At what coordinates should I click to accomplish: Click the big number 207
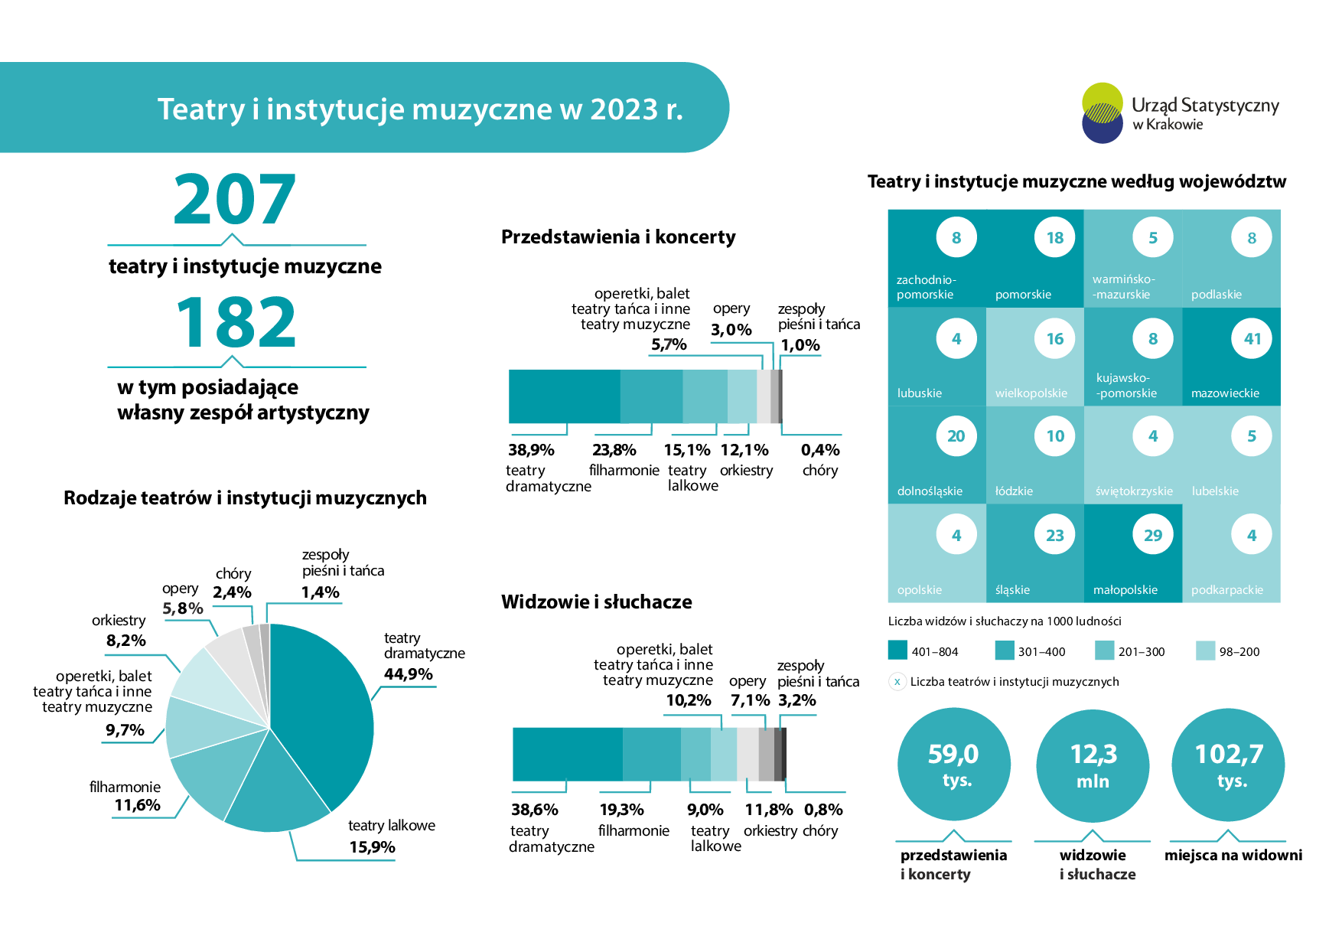234,199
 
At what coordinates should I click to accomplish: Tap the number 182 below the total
236,322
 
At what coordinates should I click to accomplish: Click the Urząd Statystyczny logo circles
1103,113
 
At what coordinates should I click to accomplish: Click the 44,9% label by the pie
409,674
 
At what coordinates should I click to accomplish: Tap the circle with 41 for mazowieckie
1252,338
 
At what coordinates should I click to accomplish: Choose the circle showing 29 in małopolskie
1153,535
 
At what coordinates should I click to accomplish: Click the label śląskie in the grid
1012,589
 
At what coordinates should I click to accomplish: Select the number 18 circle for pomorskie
1055,238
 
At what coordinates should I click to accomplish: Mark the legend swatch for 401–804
897,650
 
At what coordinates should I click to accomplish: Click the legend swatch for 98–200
1205,651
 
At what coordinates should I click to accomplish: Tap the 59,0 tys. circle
954,765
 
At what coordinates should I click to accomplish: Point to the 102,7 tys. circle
1229,765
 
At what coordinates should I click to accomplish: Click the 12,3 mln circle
1093,765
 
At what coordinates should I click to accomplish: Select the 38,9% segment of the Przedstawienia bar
565,396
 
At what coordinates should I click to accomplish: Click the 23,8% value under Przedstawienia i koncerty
614,450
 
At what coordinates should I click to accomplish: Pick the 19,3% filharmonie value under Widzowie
622,810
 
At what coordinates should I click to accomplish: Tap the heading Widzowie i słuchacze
597,602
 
